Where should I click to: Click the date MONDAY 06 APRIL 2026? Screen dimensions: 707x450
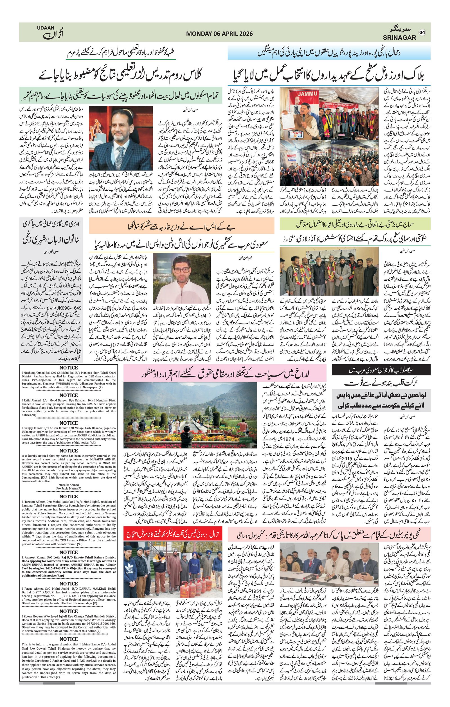tap(219, 34)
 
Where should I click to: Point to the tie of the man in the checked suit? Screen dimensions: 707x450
tap(121, 153)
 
